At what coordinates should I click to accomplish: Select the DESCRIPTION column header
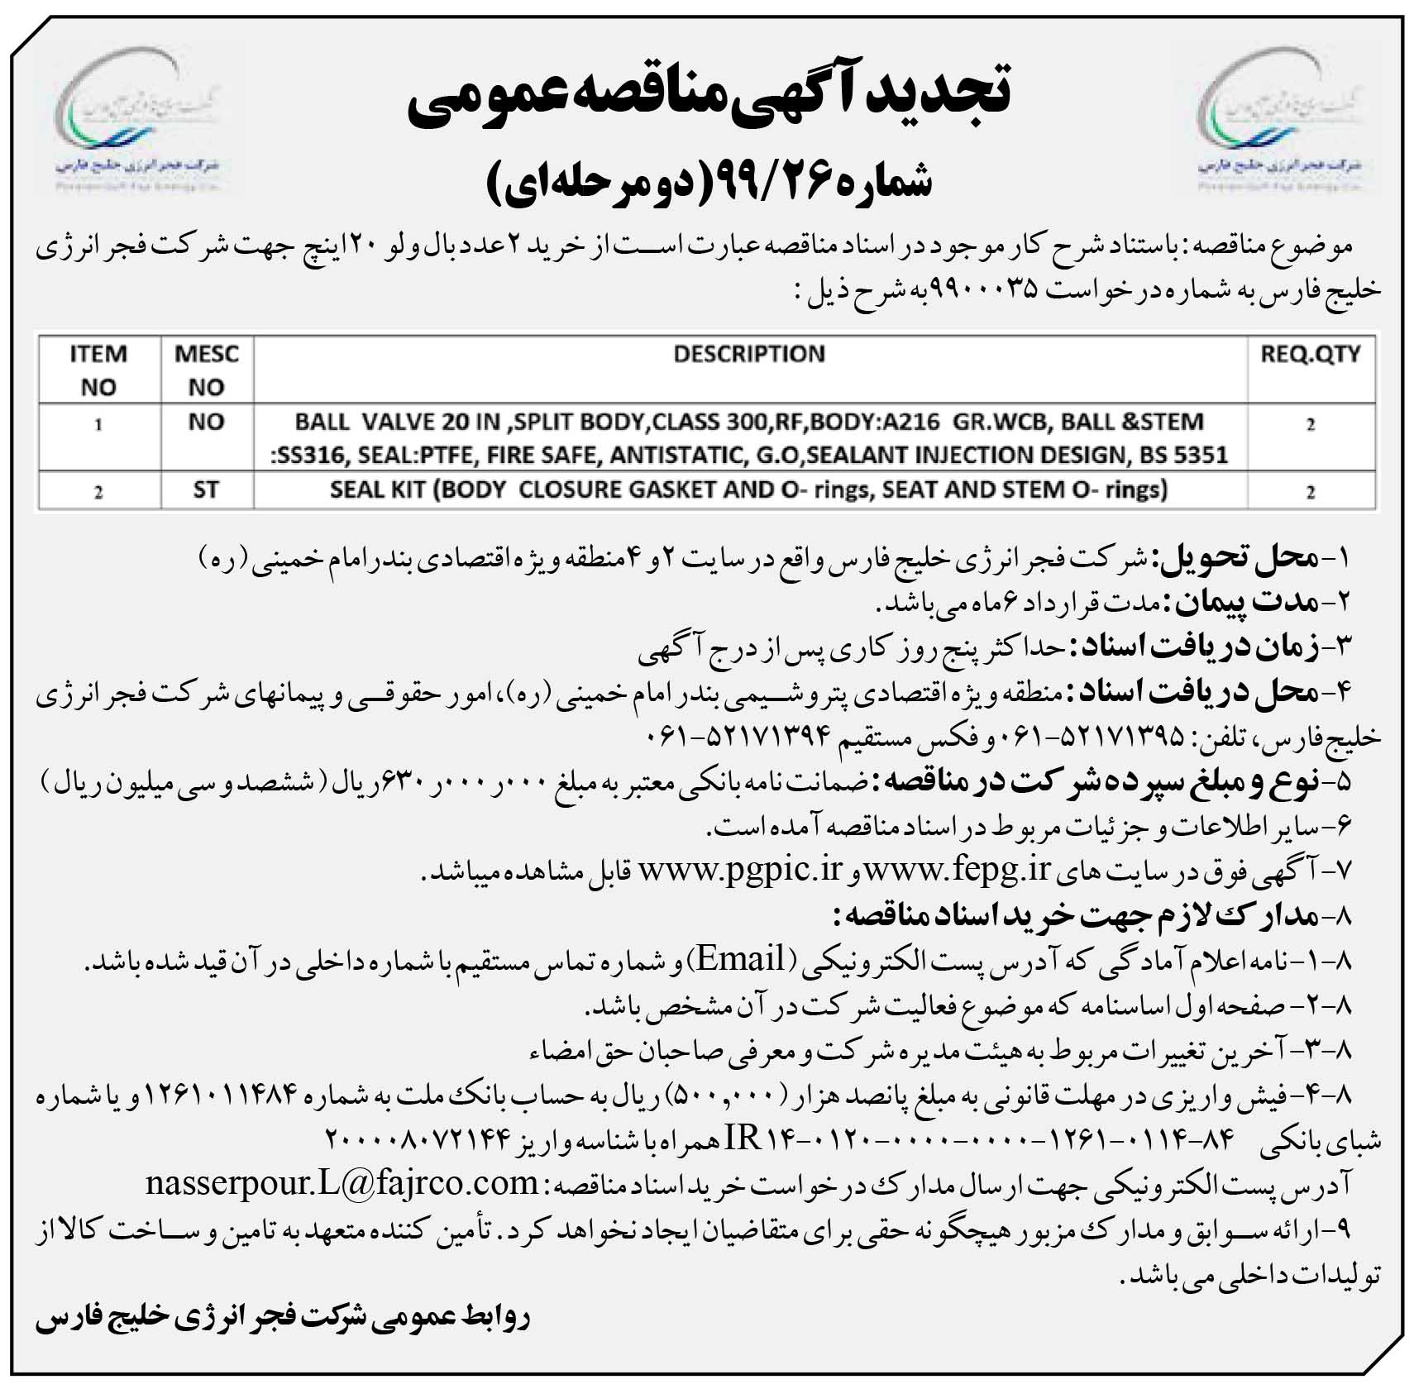(x=749, y=355)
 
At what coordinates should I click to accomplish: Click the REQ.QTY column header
(x=1311, y=355)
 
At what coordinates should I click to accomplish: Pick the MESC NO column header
(x=207, y=370)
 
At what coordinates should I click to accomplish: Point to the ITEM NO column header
(x=98, y=370)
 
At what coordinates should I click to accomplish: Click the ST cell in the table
(x=206, y=490)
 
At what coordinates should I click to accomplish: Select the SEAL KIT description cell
(x=749, y=490)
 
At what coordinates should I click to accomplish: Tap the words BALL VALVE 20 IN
(x=397, y=422)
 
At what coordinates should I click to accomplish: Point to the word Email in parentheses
(x=741, y=959)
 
